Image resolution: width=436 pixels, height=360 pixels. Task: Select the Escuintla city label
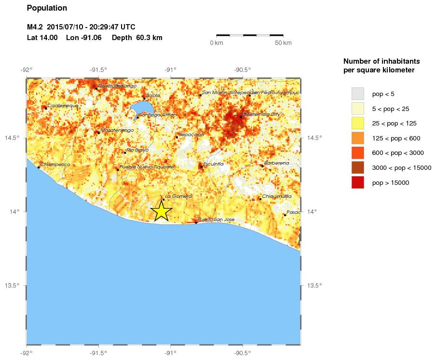[x=213, y=164]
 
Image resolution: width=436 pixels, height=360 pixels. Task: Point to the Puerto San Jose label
[x=216, y=220]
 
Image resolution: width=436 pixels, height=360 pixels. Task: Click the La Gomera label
[x=178, y=196]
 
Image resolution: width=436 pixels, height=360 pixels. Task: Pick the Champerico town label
[x=55, y=165]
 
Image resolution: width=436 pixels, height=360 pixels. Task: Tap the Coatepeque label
[x=63, y=105]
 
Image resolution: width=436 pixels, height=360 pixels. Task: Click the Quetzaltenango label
[x=117, y=86]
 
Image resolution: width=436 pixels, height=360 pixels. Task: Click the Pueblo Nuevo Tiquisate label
[x=147, y=166]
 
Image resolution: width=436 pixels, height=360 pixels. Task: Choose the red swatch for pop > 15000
[x=357, y=182]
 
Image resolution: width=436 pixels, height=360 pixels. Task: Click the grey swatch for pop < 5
[x=357, y=93]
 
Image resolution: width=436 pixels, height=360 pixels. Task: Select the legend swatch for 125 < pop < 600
[x=357, y=138]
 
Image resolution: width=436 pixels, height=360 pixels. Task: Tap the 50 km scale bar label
[x=283, y=43]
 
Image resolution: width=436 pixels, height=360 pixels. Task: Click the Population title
[x=47, y=8]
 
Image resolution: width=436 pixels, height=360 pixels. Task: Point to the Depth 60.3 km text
[x=137, y=38]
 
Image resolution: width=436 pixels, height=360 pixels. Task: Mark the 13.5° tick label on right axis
[x=314, y=285]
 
